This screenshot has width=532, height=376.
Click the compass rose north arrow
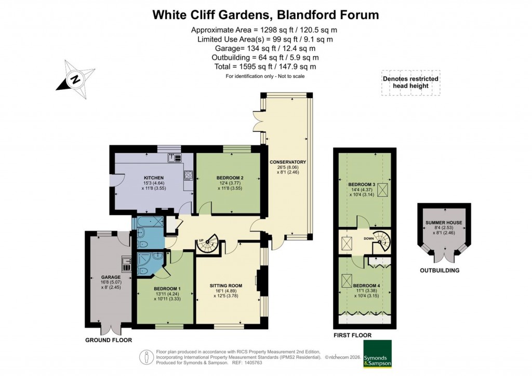(76, 80)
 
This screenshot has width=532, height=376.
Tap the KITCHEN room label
(154, 178)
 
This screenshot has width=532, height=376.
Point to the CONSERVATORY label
(287, 162)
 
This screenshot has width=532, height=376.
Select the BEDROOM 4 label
(366, 286)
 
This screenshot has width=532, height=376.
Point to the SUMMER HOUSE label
(444, 223)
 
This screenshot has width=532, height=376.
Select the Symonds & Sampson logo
(377, 354)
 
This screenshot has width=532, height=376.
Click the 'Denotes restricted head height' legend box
(410, 83)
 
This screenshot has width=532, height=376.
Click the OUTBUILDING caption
(440, 271)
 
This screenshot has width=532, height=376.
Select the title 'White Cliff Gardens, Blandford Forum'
(265, 15)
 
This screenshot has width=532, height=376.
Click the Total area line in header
(265, 66)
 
